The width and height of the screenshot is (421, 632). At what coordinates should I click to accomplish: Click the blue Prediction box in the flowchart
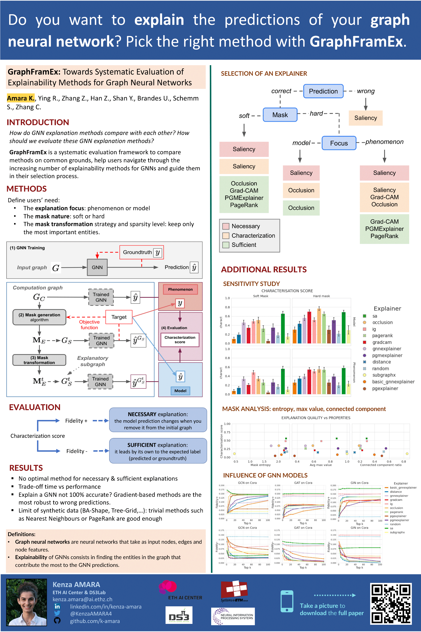coord(323,91)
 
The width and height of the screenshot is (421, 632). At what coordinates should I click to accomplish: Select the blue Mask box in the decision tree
coord(280,115)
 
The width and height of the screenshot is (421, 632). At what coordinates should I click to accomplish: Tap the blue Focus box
coord(339,143)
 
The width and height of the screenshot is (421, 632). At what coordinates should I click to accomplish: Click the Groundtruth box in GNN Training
coord(141,252)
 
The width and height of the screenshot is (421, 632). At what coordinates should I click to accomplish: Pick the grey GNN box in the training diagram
coord(97,267)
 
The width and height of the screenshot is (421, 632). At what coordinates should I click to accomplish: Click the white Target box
coord(119,317)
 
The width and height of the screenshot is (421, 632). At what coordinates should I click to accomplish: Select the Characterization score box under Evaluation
coord(180,340)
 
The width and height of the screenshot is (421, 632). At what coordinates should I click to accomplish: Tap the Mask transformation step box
coord(39,360)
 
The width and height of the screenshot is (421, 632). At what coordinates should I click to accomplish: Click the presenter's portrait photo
coord(27,602)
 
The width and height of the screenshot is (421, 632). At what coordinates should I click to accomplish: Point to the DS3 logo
coord(179,615)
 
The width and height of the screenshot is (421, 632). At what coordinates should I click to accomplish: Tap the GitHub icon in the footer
coord(57,620)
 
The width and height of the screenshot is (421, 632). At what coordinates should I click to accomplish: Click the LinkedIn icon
coord(57,607)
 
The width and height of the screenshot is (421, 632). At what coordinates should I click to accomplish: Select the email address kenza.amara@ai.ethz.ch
coord(82,599)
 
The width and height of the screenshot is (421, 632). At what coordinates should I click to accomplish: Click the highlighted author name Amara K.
coord(21,98)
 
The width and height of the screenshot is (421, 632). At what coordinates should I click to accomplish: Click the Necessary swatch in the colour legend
coord(226,226)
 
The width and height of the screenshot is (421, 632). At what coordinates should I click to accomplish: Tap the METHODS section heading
coord(27,189)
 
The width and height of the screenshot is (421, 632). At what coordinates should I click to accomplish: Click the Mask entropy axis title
coord(260,465)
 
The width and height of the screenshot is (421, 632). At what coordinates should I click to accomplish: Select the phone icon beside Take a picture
coord(287,601)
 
